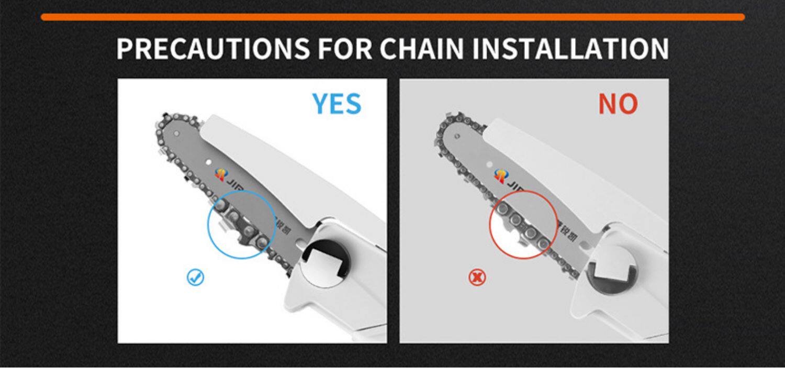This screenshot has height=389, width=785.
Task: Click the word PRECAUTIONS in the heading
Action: pyautogui.click(x=212, y=49)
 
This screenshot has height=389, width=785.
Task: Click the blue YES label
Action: pyautogui.click(x=337, y=104)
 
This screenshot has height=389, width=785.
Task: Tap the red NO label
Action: pyautogui.click(x=618, y=104)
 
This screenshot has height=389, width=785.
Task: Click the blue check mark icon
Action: pyautogui.click(x=195, y=277)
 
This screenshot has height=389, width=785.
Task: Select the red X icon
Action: pyautogui.click(x=477, y=277)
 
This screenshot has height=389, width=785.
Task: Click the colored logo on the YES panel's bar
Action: pyautogui.click(x=221, y=175)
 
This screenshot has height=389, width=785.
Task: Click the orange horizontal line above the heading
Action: pyautogui.click(x=392, y=17)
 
